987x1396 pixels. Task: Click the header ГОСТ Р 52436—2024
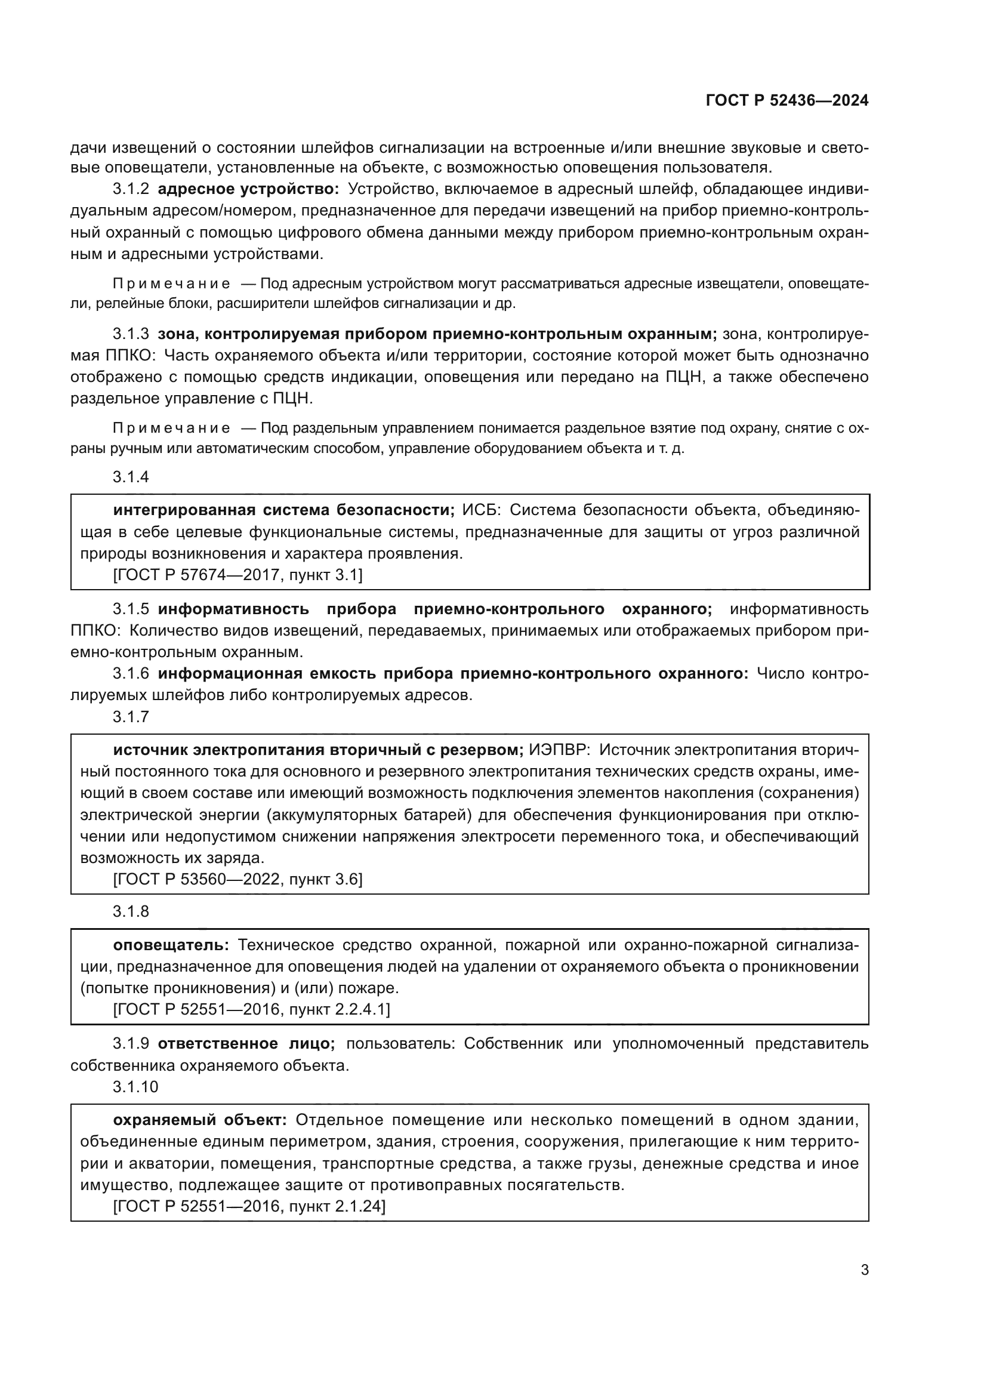coord(786,101)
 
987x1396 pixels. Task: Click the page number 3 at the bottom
coord(864,1270)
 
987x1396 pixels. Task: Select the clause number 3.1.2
coord(131,189)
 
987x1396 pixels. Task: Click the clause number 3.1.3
coord(131,334)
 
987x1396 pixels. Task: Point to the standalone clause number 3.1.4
coord(131,477)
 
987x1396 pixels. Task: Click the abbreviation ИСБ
coord(479,510)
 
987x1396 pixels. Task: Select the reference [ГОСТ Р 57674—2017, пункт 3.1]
coord(238,575)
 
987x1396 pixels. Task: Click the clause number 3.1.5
coord(131,609)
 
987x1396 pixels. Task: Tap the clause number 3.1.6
coord(131,674)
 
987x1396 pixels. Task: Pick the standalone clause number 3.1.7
coord(131,717)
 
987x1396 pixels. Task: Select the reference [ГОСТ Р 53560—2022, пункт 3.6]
coord(238,879)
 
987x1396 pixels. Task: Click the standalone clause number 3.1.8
coord(131,911)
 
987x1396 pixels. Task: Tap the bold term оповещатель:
coord(171,945)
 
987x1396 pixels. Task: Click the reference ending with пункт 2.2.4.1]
coord(251,1010)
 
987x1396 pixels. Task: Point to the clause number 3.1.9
coord(131,1044)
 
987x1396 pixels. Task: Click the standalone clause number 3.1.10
coord(135,1087)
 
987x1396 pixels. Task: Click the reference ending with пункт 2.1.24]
coord(249,1206)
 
